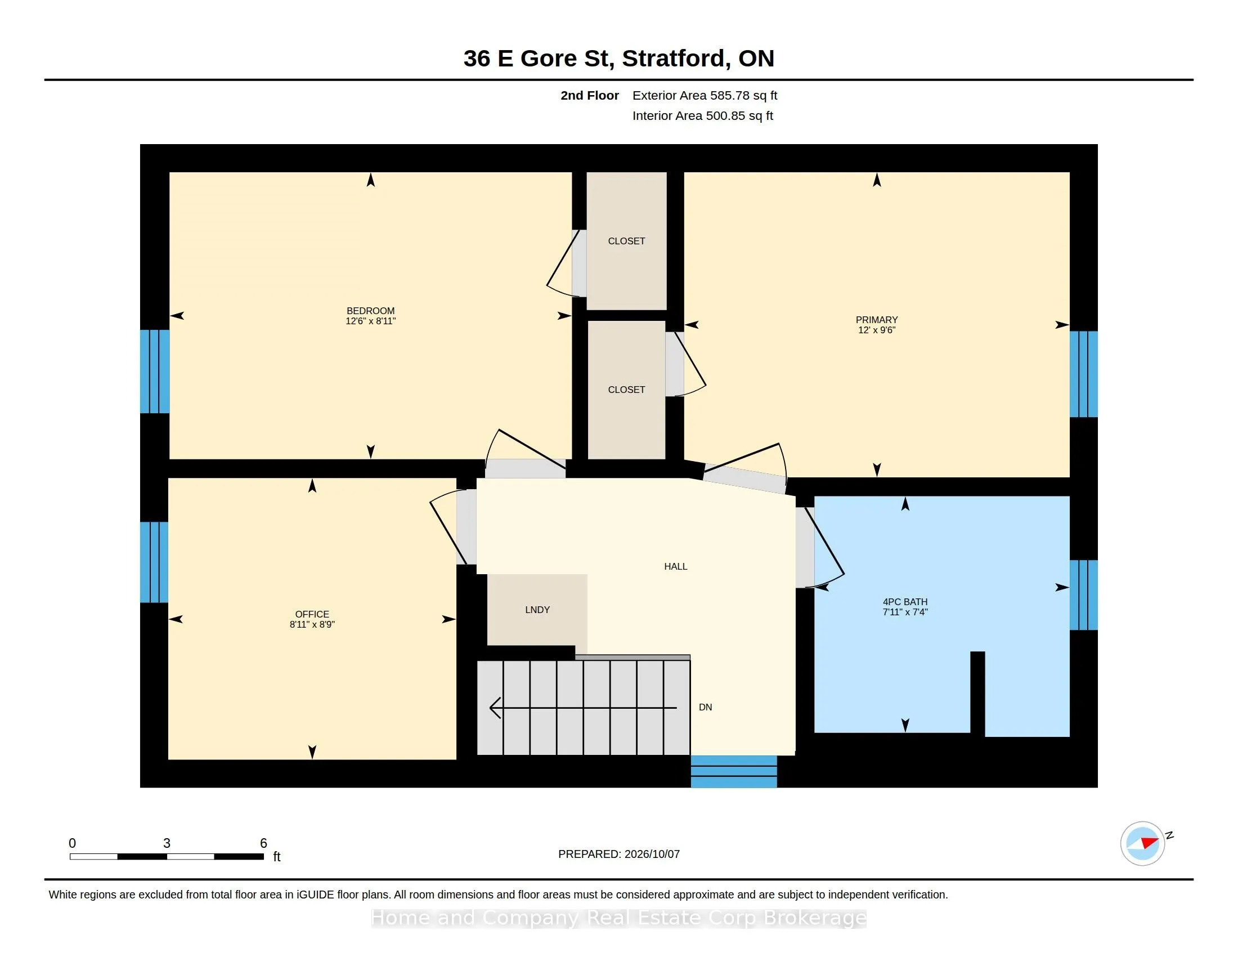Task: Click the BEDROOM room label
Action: [370, 311]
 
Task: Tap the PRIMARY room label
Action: [876, 320]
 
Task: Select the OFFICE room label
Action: [312, 614]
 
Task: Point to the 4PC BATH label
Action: [905, 602]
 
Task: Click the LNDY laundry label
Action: [537, 610]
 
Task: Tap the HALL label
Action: [676, 566]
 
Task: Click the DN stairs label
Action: [705, 707]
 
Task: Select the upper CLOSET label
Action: [626, 241]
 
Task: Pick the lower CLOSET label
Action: [626, 390]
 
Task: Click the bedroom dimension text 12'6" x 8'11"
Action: [370, 321]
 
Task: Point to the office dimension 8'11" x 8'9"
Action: [312, 624]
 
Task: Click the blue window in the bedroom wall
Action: [155, 372]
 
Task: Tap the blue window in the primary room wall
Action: [1083, 374]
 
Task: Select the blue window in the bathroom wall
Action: [1083, 594]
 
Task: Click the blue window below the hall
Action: [733, 772]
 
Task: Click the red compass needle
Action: [1150, 842]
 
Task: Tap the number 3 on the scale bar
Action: [167, 843]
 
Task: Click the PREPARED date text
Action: [618, 854]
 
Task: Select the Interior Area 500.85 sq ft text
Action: [702, 115]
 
